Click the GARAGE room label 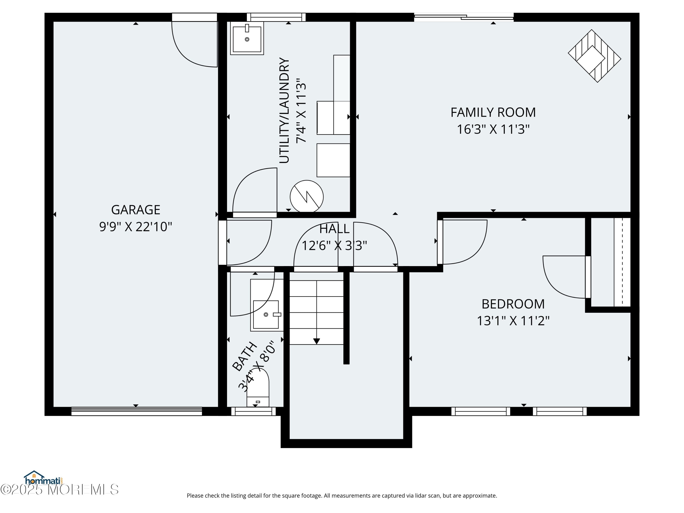coord(135,210)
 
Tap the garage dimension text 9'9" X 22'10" coord(135,227)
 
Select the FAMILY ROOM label coord(493,113)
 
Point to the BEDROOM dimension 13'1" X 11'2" coord(513,321)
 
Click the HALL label coord(334,229)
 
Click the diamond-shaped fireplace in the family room coord(594,56)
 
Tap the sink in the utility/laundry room coord(247,39)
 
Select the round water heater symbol coord(306,197)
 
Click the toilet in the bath coord(258,390)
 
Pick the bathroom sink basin coord(266,314)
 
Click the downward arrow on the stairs coord(316,341)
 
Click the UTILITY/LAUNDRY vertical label coord(284,110)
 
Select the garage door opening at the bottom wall coord(136,411)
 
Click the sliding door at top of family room coord(464,17)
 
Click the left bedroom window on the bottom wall coord(481,411)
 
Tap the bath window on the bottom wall coord(253,411)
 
